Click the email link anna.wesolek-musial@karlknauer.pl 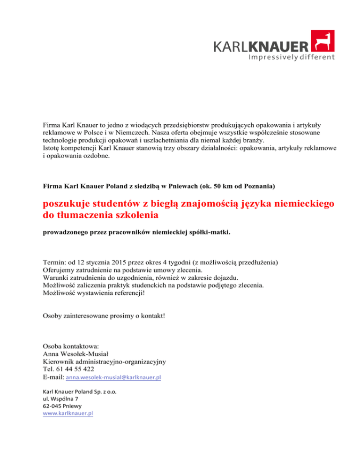[113, 377]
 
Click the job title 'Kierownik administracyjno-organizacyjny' [104, 361]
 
